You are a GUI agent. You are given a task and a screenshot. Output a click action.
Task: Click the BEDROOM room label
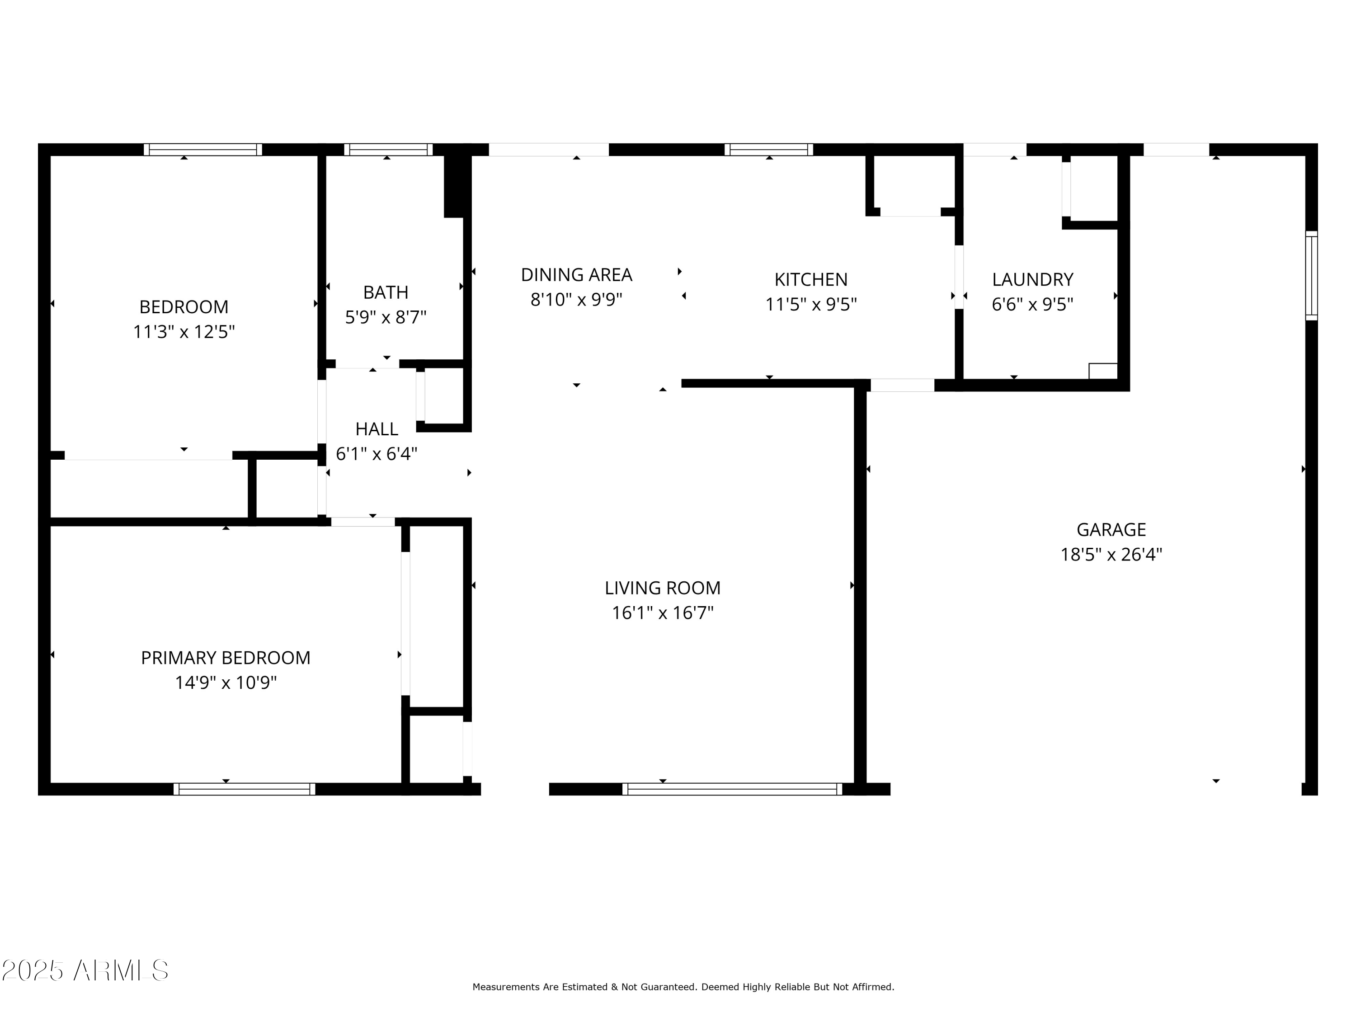(184, 306)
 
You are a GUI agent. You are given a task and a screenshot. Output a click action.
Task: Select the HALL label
(377, 429)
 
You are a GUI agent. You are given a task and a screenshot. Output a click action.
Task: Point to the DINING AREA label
(576, 275)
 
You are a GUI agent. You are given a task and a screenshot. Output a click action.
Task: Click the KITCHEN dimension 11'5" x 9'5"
(810, 305)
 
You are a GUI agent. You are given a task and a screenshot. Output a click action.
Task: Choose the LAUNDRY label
(1032, 279)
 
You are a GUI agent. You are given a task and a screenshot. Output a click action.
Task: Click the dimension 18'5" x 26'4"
(1111, 555)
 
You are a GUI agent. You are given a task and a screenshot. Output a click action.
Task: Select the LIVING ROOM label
(662, 588)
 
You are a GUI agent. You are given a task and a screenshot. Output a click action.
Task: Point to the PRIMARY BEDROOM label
(226, 658)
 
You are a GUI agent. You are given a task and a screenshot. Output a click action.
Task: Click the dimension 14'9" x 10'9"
(226, 683)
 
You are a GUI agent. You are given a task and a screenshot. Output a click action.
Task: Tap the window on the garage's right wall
(1311, 276)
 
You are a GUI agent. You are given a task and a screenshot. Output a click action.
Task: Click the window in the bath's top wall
(388, 150)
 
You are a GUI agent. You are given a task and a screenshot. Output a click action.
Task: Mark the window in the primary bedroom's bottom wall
(244, 789)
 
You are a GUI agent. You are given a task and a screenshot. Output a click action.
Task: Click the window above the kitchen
(769, 150)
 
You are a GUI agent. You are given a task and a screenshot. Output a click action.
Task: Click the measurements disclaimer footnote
(683, 987)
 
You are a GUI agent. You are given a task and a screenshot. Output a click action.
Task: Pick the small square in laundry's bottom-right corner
(1102, 372)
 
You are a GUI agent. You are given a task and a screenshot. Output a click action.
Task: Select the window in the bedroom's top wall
(203, 150)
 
